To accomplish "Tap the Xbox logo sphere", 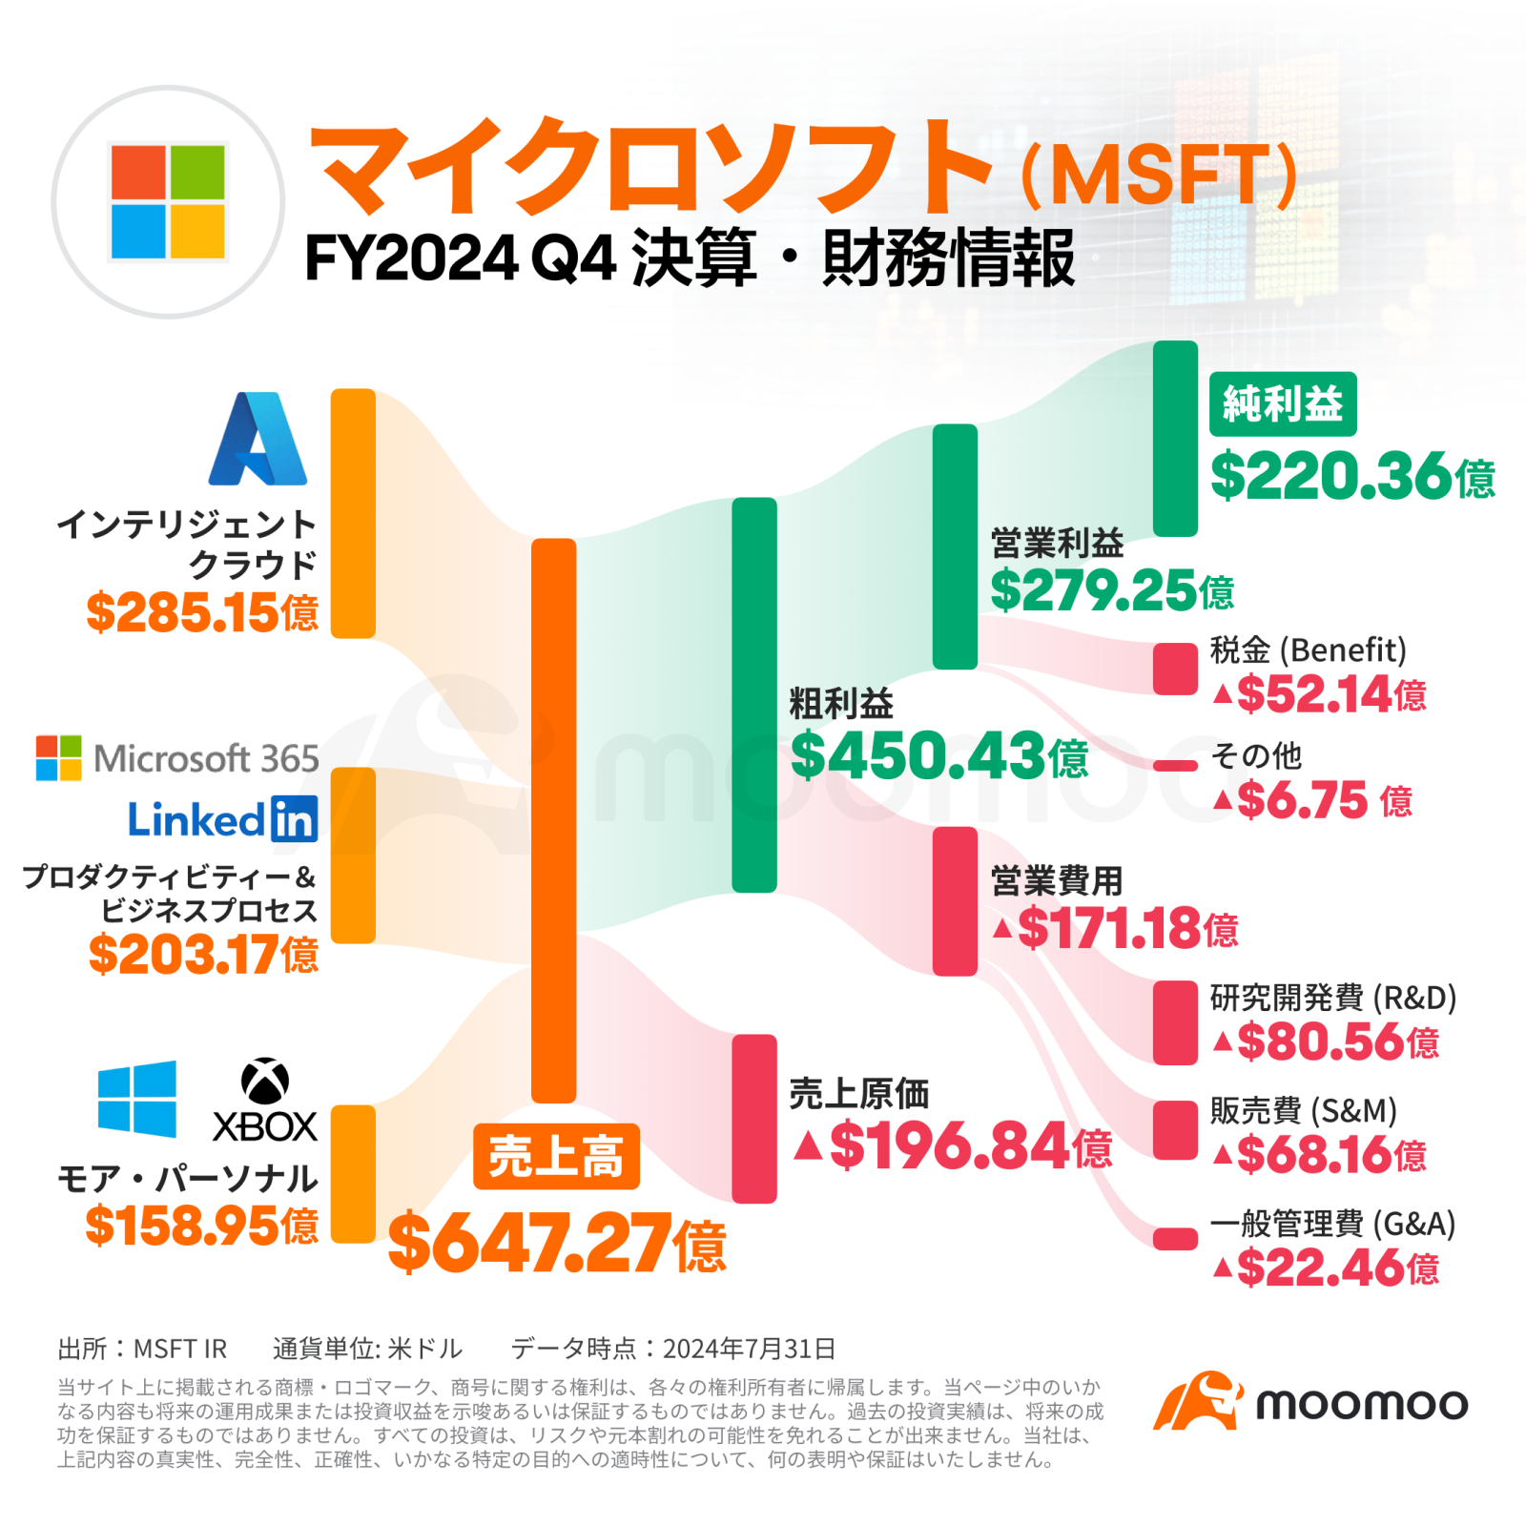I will pyautogui.click(x=265, y=1081).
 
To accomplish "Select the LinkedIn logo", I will pyautogui.click(x=222, y=819).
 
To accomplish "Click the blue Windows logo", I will pyautogui.click(x=137, y=1099).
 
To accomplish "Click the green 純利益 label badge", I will pyautogui.click(x=1283, y=404).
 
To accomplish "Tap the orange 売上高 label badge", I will pyautogui.click(x=556, y=1157).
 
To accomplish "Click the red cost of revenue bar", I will pyautogui.click(x=754, y=1118).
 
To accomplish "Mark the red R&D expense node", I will pyautogui.click(x=1175, y=1022).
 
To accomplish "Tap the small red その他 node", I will pyautogui.click(x=1175, y=766).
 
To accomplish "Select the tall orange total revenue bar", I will pyautogui.click(x=553, y=820).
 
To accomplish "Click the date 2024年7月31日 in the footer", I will pyautogui.click(x=749, y=1349).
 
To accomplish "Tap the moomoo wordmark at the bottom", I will pyautogui.click(x=1361, y=1404).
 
